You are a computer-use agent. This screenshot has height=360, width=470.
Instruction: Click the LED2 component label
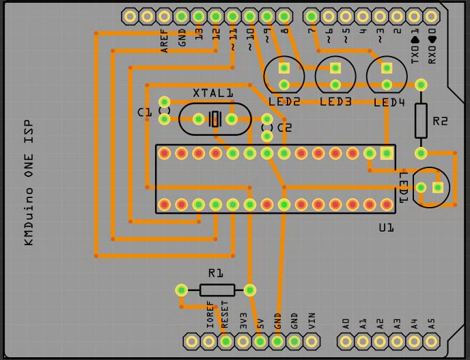tap(284, 102)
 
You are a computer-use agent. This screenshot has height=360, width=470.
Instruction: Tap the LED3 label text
tap(335, 102)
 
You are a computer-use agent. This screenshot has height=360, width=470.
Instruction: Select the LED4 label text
tap(389, 102)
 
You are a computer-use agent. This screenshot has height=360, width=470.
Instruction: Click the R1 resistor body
tap(217, 290)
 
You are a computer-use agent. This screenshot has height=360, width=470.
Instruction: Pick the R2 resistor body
tap(421, 120)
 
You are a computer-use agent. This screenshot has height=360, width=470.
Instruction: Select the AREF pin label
tap(165, 41)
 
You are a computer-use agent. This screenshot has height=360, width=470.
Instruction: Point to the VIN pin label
tap(312, 320)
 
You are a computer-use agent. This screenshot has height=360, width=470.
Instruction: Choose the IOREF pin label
tap(209, 316)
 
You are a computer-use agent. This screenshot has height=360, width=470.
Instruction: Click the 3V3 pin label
tap(243, 320)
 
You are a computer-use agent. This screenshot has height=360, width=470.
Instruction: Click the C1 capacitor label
tap(144, 112)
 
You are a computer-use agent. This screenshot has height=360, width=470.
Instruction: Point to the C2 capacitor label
tap(284, 127)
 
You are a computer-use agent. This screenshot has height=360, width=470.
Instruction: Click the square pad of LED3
tap(335, 68)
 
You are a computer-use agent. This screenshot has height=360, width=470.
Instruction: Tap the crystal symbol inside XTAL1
tap(215, 119)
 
